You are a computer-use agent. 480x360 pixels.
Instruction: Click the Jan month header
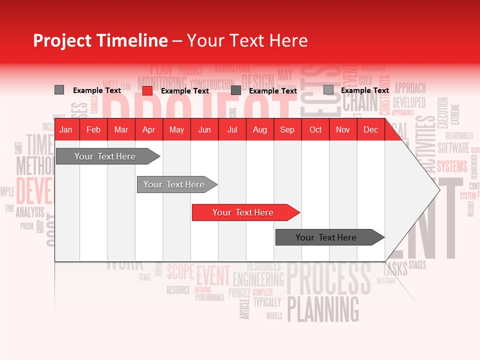click(x=66, y=129)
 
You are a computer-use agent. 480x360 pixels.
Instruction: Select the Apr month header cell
click(x=148, y=129)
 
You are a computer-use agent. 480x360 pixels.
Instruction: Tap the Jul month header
click(x=232, y=129)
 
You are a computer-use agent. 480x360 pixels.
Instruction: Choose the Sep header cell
click(x=287, y=129)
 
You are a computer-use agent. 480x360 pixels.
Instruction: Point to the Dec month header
click(x=370, y=129)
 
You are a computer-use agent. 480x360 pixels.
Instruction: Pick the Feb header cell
click(x=93, y=129)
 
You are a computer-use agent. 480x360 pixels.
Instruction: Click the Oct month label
click(x=315, y=129)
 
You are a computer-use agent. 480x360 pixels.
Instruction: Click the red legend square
click(x=147, y=90)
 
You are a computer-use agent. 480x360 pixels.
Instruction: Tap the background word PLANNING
click(x=323, y=308)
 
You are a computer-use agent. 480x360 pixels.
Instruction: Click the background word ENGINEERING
click(x=258, y=279)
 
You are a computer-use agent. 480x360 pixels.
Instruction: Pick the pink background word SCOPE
click(x=180, y=272)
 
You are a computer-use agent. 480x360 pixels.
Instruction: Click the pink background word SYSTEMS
click(x=452, y=166)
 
